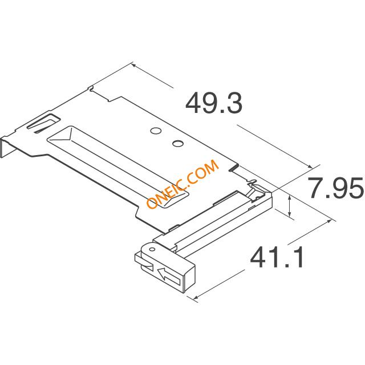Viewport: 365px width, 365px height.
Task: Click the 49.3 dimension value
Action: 214,103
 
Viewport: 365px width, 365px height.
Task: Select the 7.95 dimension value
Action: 336,188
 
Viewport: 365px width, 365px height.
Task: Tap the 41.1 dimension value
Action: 277,257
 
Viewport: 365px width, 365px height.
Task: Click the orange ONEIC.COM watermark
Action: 183,184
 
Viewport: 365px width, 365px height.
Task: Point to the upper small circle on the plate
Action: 156,131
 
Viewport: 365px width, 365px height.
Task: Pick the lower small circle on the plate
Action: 178,143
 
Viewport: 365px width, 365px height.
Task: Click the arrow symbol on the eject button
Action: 169,275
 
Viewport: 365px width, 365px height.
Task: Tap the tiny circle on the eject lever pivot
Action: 152,249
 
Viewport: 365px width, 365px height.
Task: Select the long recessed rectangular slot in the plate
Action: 117,167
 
